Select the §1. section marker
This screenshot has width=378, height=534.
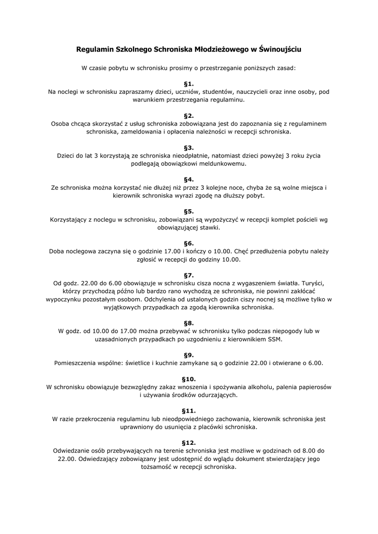[x=189, y=83]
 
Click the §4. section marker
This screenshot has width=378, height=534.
[x=189, y=180]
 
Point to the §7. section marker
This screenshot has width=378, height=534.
[x=189, y=275]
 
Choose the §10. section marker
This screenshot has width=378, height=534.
[x=189, y=379]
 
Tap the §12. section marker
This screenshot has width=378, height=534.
[x=189, y=442]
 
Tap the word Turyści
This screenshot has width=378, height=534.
[x=317, y=283]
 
